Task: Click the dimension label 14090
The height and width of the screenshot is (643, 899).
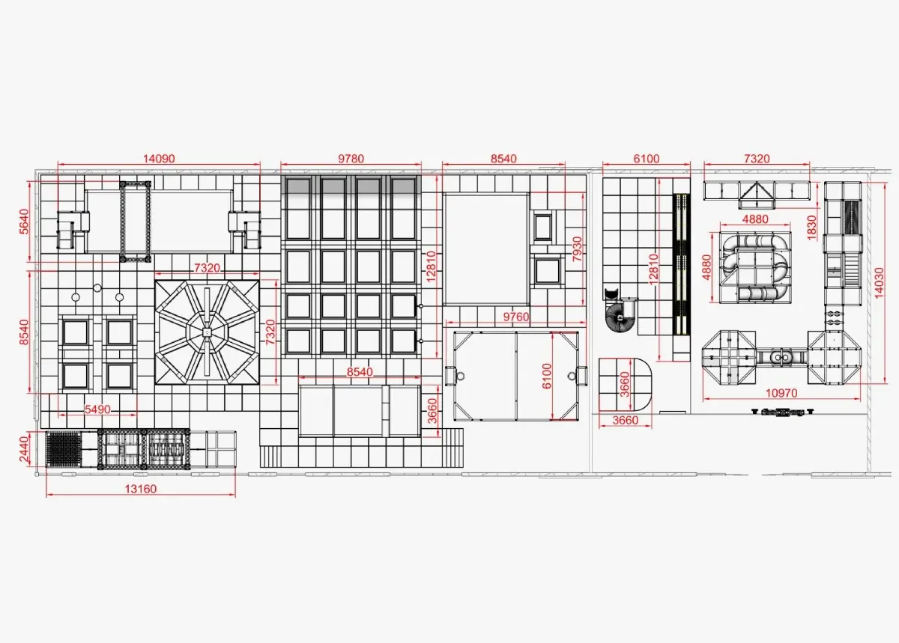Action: (x=159, y=159)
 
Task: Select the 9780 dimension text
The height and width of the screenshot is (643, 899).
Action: (x=351, y=159)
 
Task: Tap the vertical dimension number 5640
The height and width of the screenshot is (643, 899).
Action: (x=24, y=222)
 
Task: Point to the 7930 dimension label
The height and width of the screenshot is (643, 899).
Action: (x=577, y=249)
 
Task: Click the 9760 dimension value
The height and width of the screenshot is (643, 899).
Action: (x=516, y=317)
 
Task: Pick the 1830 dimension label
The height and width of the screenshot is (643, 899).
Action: (x=811, y=228)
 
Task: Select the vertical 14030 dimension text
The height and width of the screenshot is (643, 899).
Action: (x=879, y=283)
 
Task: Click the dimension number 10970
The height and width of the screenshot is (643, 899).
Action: (x=781, y=393)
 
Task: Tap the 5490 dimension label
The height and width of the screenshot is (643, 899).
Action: (x=97, y=409)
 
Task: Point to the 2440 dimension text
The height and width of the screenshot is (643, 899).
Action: (x=24, y=449)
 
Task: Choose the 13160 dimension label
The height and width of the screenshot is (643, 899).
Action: (x=141, y=489)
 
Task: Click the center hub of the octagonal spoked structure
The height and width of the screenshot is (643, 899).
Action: (x=207, y=332)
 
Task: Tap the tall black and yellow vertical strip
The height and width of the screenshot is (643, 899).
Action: (x=681, y=265)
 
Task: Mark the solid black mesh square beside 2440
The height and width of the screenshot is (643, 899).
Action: (x=64, y=449)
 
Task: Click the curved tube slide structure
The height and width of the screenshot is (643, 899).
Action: (x=754, y=267)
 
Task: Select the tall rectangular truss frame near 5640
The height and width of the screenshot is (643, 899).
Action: (x=136, y=222)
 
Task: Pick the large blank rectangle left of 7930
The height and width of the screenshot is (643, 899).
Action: (x=485, y=249)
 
